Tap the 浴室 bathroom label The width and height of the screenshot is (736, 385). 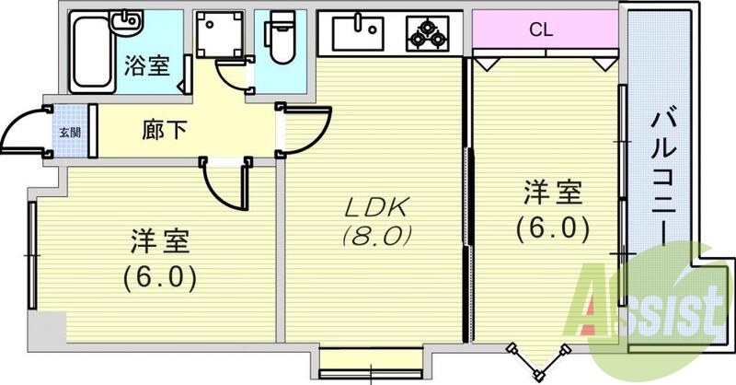click(146, 65)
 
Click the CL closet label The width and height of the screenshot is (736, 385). click(541, 29)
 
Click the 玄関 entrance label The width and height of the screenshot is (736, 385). click(70, 131)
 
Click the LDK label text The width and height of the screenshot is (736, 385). click(374, 204)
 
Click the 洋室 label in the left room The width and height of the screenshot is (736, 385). click(157, 243)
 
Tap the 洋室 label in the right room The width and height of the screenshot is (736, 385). click(552, 194)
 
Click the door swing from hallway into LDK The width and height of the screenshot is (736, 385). click(309, 129)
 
